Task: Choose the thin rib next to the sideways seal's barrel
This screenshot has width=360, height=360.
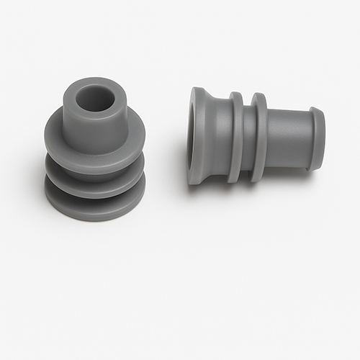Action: point(259,137)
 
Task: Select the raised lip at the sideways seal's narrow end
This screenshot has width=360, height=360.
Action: point(318,138)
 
